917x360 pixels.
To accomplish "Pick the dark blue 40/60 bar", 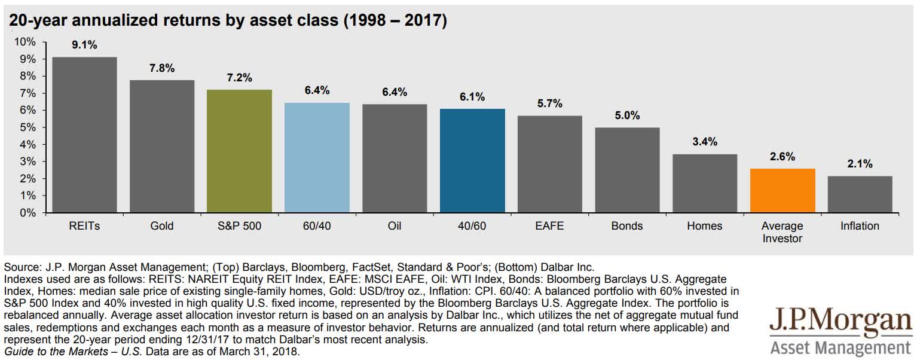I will [472, 161].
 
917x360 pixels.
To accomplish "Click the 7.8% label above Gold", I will [161, 68].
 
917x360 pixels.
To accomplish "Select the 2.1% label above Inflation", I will [860, 163].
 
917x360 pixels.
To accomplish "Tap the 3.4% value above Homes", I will [705, 142].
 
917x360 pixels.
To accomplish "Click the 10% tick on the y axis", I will [25, 42].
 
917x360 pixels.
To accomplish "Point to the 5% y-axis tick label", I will [27, 127].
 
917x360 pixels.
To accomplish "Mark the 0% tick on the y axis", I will [27, 213].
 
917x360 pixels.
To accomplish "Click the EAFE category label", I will [549, 226].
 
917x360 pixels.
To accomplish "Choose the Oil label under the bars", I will [395, 226].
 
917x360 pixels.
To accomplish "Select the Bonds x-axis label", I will [627, 226].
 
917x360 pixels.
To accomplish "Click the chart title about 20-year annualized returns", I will [227, 21].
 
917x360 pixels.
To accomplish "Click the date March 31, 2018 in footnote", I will [269, 352].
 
